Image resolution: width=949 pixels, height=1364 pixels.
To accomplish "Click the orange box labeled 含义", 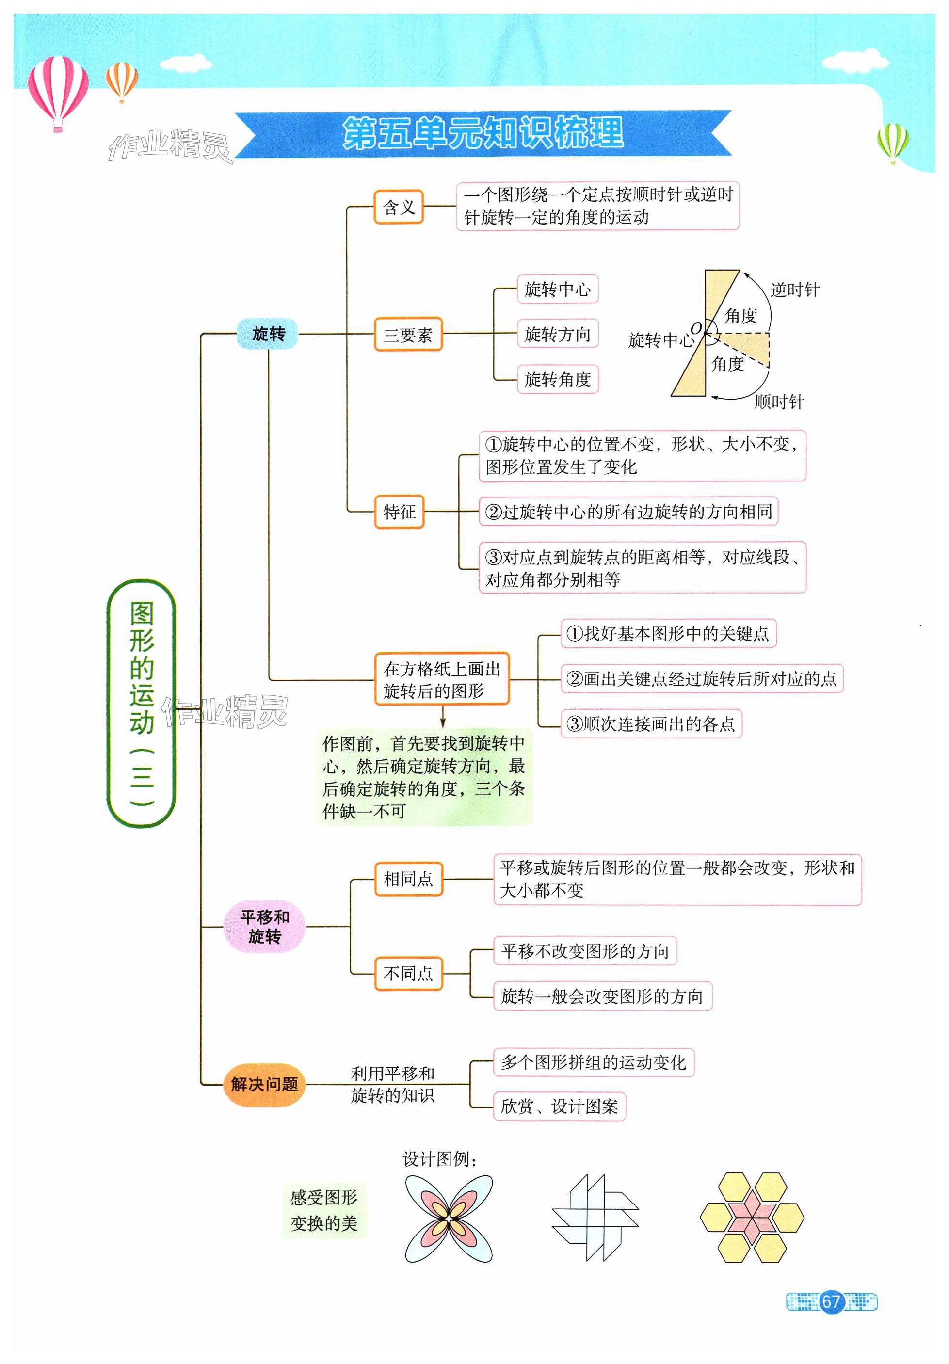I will pyautogui.click(x=398, y=207).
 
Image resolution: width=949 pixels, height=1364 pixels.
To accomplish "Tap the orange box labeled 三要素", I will pyautogui.click(x=408, y=335).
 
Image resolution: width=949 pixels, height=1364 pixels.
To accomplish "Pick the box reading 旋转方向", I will pyautogui.click(x=557, y=334).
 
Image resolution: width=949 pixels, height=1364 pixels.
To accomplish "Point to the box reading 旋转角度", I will pyautogui.click(x=557, y=379).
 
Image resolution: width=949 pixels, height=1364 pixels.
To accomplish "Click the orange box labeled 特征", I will pyautogui.click(x=399, y=511).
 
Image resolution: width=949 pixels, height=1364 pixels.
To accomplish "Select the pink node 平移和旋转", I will pyautogui.click(x=264, y=926).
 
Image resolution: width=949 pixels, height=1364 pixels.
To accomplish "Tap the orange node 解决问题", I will pyautogui.click(x=264, y=1084).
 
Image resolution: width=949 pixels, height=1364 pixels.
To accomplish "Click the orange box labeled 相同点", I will pyautogui.click(x=408, y=879).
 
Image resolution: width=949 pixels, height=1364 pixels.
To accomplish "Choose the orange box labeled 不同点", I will pyautogui.click(x=408, y=973).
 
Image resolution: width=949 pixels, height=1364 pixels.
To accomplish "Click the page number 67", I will pyautogui.click(x=830, y=1301).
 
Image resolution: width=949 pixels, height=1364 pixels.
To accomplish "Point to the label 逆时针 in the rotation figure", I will pyautogui.click(x=794, y=290).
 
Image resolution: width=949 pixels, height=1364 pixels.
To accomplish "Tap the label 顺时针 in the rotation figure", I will pyautogui.click(x=778, y=401).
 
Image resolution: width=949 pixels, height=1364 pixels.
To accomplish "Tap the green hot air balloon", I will pyautogui.click(x=893, y=142).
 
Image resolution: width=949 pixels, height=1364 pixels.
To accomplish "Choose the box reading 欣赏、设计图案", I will pyautogui.click(x=559, y=1106).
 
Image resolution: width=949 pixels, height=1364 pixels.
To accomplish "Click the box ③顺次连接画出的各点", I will pyautogui.click(x=651, y=723).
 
